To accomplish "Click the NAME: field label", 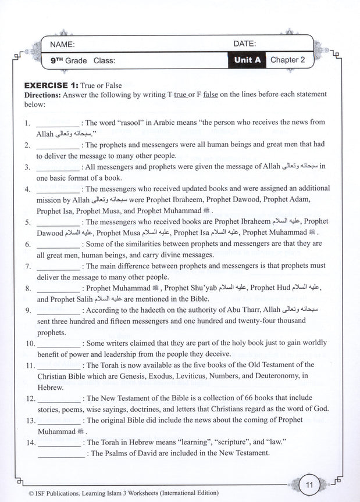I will (x=62, y=44).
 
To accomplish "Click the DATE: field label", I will (x=245, y=44).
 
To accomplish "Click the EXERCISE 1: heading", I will (x=51, y=85).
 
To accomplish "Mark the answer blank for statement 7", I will (x=57, y=266).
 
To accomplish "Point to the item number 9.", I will (x=28, y=310).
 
